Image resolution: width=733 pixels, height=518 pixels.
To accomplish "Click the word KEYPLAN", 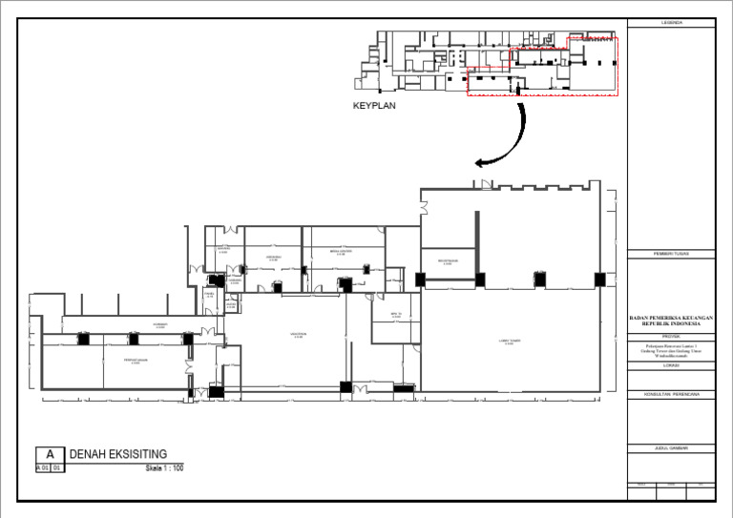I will [x=374, y=107].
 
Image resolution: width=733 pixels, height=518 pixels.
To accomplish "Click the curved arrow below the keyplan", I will [x=506, y=138].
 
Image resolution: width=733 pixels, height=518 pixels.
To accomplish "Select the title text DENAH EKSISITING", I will [x=118, y=453].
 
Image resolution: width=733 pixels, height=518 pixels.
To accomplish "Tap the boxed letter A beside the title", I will [x=51, y=455].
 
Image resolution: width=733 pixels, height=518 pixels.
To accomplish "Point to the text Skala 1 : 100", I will [x=164, y=468].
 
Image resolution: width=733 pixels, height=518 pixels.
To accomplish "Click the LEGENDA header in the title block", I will [x=671, y=22].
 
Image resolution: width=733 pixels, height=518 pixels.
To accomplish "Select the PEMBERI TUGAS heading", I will [x=671, y=254].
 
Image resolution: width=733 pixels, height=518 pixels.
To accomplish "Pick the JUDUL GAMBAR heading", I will [x=671, y=447].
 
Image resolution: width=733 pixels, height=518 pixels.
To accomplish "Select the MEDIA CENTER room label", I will [x=341, y=253].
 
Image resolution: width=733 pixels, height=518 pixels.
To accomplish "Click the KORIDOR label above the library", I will [x=160, y=325].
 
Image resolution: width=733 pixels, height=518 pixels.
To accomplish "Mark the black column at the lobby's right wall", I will [x=599, y=279].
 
